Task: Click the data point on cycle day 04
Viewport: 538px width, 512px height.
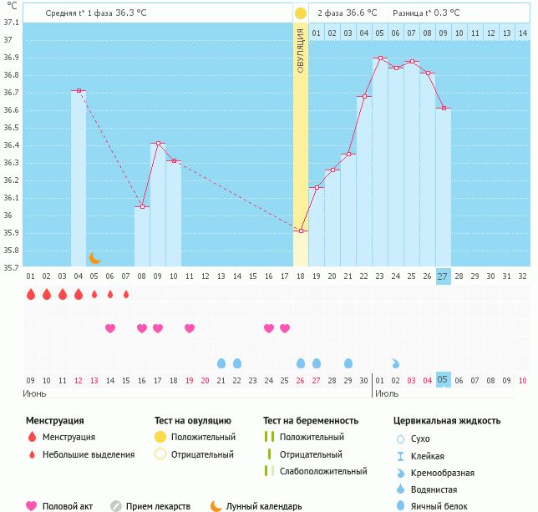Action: click(79, 90)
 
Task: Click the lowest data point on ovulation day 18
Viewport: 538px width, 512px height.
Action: click(301, 231)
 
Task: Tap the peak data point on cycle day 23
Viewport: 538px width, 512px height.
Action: click(380, 58)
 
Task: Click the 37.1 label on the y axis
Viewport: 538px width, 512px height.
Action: click(10, 22)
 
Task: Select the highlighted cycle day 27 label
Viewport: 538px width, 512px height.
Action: click(443, 276)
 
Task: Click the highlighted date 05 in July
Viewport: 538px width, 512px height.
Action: click(443, 380)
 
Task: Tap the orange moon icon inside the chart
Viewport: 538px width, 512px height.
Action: click(95, 258)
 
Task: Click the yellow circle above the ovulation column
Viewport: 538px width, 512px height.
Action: click(301, 13)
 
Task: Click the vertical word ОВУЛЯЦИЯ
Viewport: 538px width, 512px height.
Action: click(301, 50)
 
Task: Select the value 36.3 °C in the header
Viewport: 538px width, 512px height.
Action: click(132, 13)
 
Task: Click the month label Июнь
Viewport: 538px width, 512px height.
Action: click(35, 393)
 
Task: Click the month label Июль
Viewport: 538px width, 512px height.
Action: click(385, 393)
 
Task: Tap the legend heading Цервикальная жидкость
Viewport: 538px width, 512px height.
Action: click(447, 420)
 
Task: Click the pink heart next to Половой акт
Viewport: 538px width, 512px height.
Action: click(32, 506)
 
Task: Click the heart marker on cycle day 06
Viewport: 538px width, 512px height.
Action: click(110, 328)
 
